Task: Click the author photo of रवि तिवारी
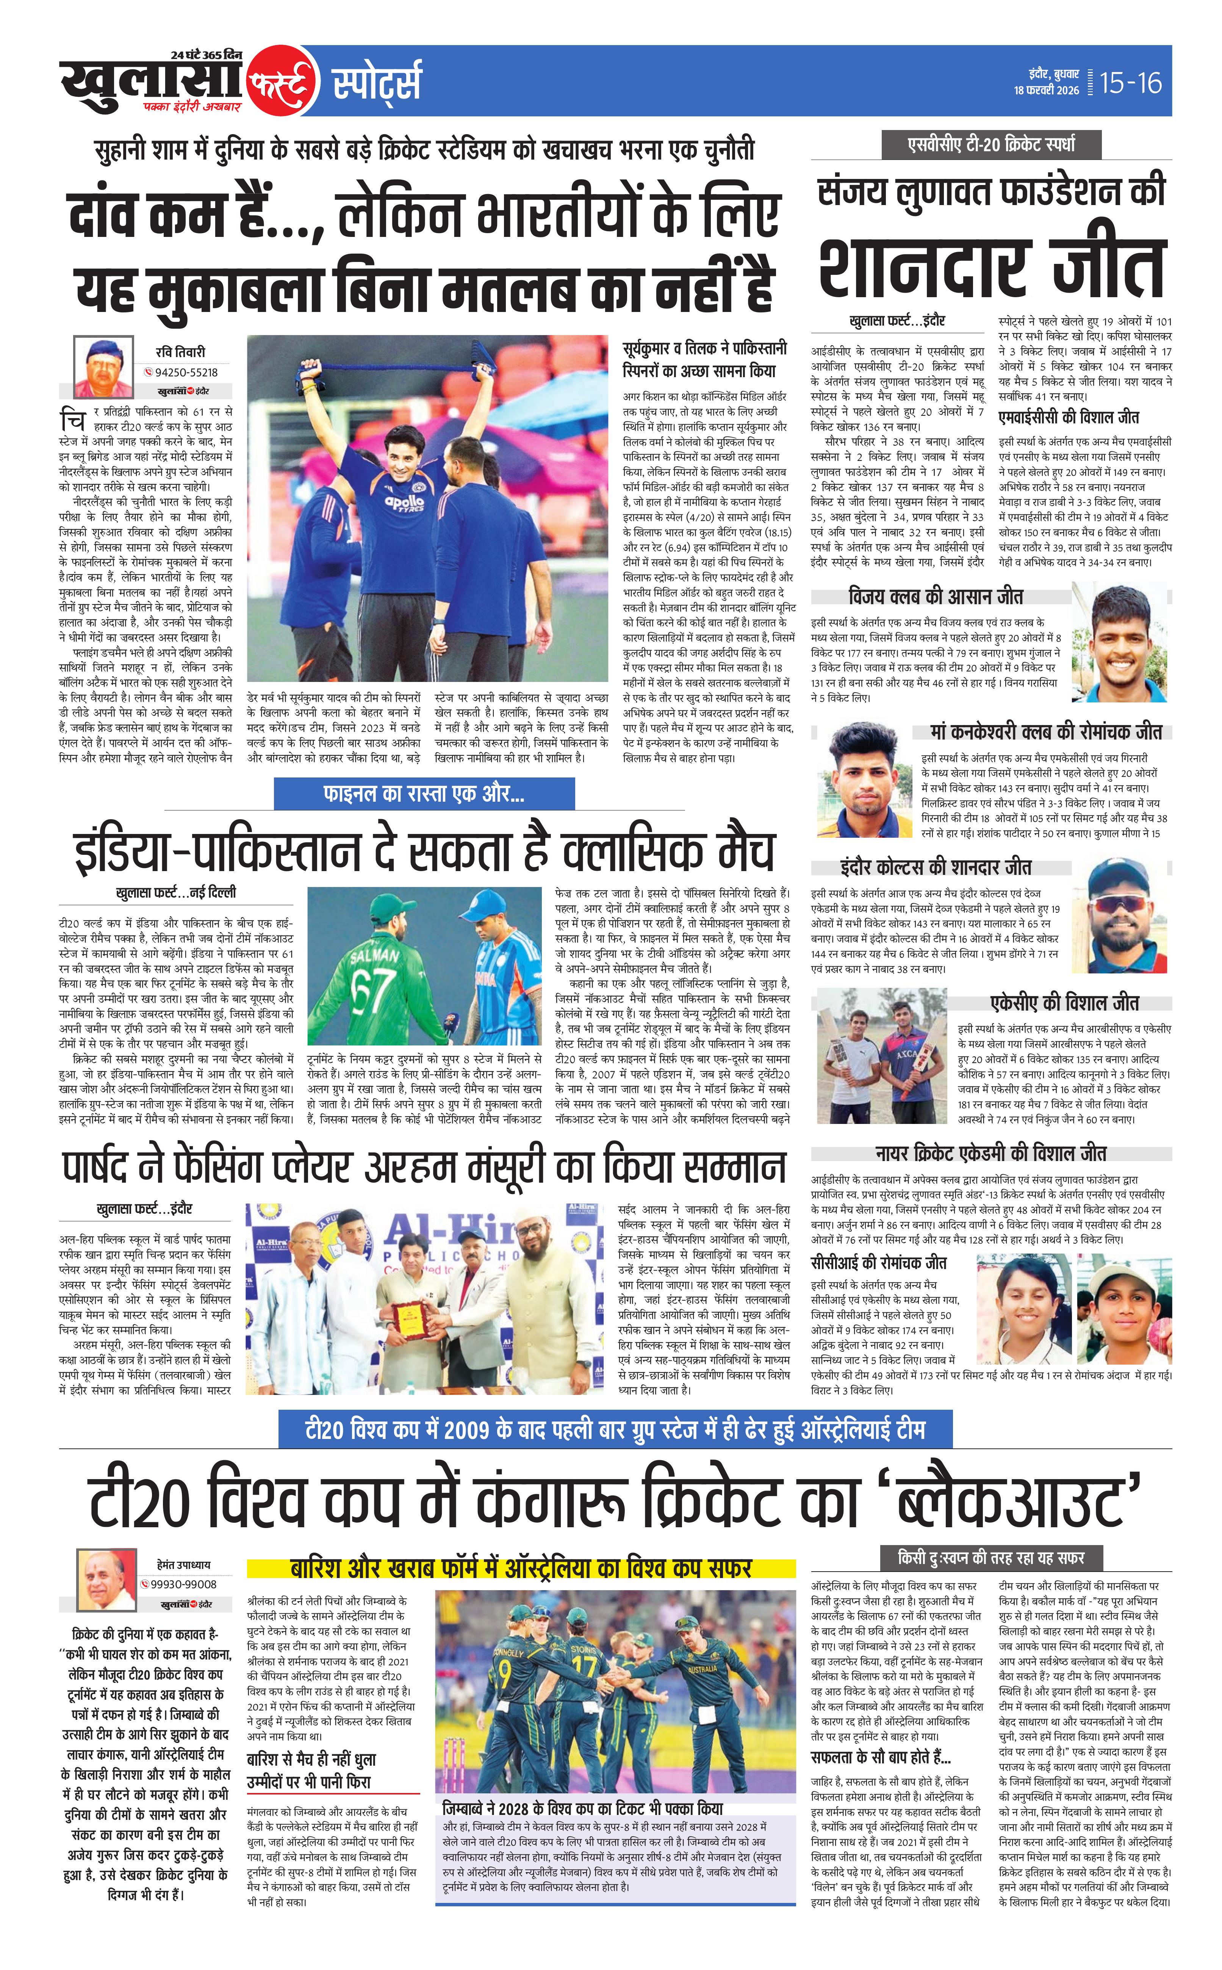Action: click(103, 365)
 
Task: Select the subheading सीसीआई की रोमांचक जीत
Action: click(879, 1263)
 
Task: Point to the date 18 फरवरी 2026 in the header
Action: click(1047, 91)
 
